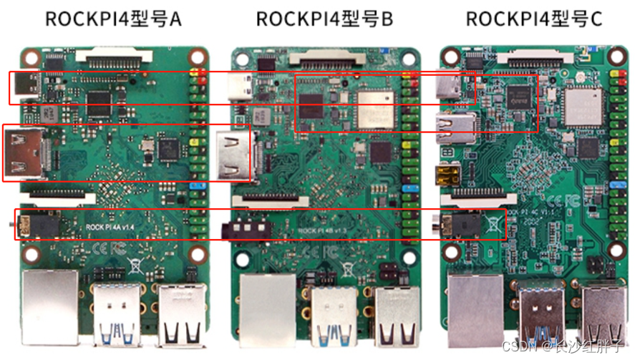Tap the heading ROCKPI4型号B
[x=324, y=19]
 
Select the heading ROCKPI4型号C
[x=534, y=19]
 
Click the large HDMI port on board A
[x=24, y=153]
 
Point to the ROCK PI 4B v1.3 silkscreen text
[x=320, y=230]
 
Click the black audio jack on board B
[x=246, y=229]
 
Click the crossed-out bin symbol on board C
[x=494, y=225]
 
